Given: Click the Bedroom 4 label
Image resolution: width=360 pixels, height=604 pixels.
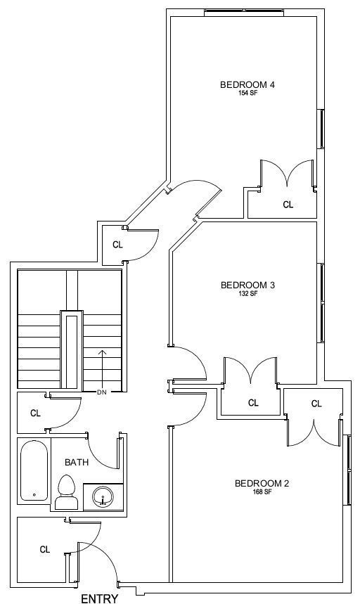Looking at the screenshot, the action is tap(247, 85).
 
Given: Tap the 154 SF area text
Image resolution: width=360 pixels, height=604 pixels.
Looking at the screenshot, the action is tap(247, 93).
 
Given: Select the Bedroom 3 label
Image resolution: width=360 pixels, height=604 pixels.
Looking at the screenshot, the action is tap(247, 285).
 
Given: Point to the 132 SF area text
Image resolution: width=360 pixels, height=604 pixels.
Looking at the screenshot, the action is tap(247, 293).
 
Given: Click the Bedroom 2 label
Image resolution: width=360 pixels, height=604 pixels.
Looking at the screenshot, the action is tap(262, 484).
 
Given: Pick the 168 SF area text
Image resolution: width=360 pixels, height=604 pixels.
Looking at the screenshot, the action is tap(262, 492).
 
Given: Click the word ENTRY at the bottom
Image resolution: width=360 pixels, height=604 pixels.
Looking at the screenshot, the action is tap(99, 598).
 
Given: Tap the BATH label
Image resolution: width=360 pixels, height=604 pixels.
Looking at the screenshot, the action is tap(77, 462).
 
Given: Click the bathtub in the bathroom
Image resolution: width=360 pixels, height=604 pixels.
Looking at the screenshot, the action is tap(34, 470).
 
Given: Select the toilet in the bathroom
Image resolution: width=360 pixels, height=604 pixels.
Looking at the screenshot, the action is tap(66, 492).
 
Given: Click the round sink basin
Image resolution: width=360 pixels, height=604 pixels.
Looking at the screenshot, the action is tap(103, 496).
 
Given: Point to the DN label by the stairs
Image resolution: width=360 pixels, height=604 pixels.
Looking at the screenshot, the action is tap(102, 392).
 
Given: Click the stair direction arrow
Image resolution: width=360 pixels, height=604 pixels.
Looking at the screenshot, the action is tap(103, 369).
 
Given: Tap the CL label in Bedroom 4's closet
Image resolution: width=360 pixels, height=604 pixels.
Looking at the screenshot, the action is tap(288, 205).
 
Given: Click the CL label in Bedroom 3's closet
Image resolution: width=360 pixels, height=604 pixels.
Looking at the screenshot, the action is tap(253, 403).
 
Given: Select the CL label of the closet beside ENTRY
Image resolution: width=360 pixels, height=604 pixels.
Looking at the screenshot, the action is tap(45, 550).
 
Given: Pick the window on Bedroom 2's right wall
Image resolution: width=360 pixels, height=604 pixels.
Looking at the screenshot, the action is tap(347, 470).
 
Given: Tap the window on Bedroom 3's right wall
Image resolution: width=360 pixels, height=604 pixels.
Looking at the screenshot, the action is tap(321, 303).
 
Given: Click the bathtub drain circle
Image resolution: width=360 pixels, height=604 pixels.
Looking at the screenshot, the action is tap(34, 494).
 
